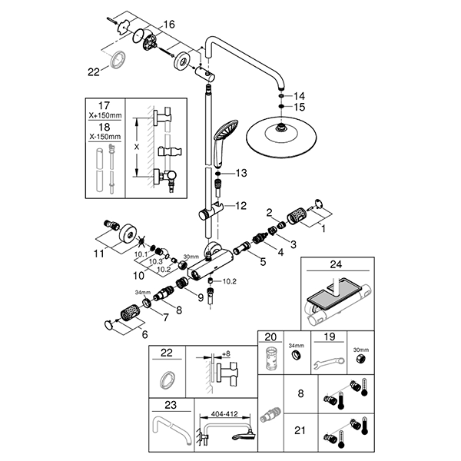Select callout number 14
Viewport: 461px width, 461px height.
[x=300, y=95]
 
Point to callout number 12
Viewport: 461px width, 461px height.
[x=240, y=206]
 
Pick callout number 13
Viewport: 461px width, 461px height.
[x=241, y=174]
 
